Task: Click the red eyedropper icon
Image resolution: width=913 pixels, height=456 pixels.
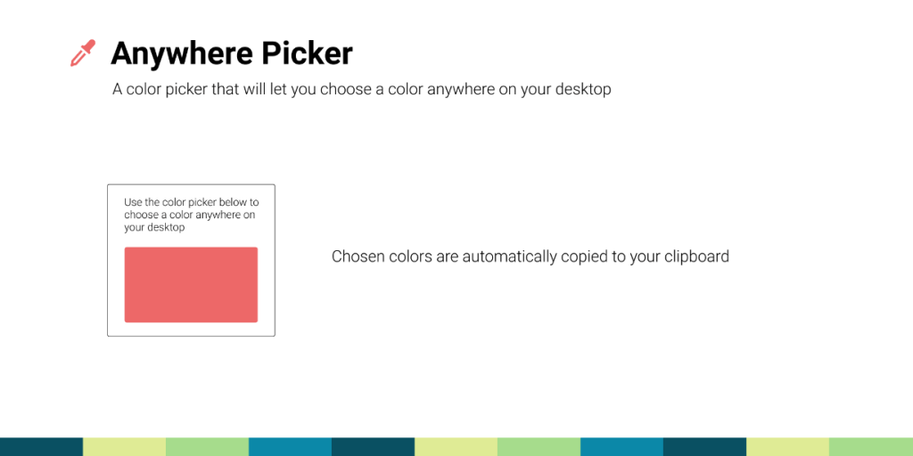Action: click(x=82, y=53)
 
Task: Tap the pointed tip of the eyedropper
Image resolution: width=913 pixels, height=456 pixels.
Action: click(x=73, y=64)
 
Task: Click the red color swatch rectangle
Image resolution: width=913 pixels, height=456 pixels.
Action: click(x=191, y=284)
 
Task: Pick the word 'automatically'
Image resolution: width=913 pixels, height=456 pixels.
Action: click(x=508, y=256)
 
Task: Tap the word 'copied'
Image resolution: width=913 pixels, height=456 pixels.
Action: click(x=584, y=256)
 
